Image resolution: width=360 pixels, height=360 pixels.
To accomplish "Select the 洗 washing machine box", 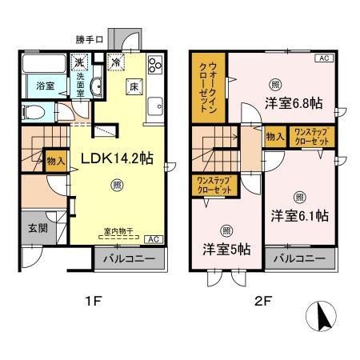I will [x=80, y=62].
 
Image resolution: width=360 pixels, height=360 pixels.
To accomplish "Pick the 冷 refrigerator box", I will [x=116, y=62].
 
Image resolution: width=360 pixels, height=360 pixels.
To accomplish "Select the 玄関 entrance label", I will [x=29, y=228].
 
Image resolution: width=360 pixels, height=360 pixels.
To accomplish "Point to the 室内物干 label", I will [x=118, y=233].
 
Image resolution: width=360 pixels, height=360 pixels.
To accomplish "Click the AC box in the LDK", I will [x=153, y=239].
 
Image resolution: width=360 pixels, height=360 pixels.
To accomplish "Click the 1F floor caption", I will [x=94, y=303].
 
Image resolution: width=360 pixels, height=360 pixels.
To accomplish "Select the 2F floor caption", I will [x=264, y=303].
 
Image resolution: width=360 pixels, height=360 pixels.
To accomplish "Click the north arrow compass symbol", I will [x=324, y=317].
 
